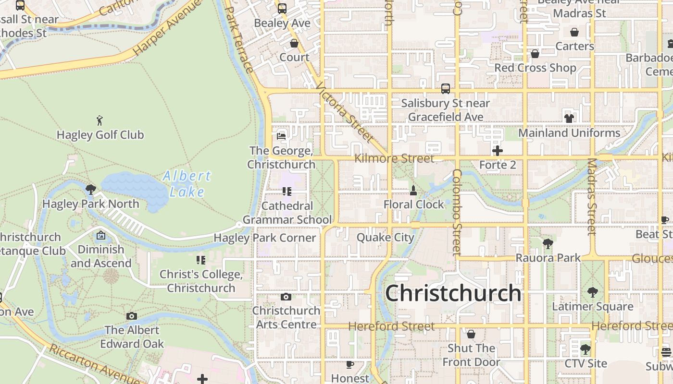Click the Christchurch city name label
pos(453,293)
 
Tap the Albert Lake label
pos(187,184)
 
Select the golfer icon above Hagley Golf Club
pos(100,120)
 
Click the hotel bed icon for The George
pos(282,136)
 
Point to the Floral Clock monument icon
pos(413,191)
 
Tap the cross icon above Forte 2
pos(498,151)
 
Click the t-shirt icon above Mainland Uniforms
pos(569,118)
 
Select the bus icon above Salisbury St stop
pos(446,89)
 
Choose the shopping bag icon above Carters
pos(574,32)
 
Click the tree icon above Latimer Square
pos(593,292)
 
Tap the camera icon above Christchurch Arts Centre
pos(286,297)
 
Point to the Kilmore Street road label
pos(394,158)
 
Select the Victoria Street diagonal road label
pos(345,112)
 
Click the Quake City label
pos(385,238)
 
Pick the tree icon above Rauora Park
pos(548,244)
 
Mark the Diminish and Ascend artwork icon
pos(101,235)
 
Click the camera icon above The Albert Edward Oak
pos(132,316)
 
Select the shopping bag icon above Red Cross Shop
pos(535,54)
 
